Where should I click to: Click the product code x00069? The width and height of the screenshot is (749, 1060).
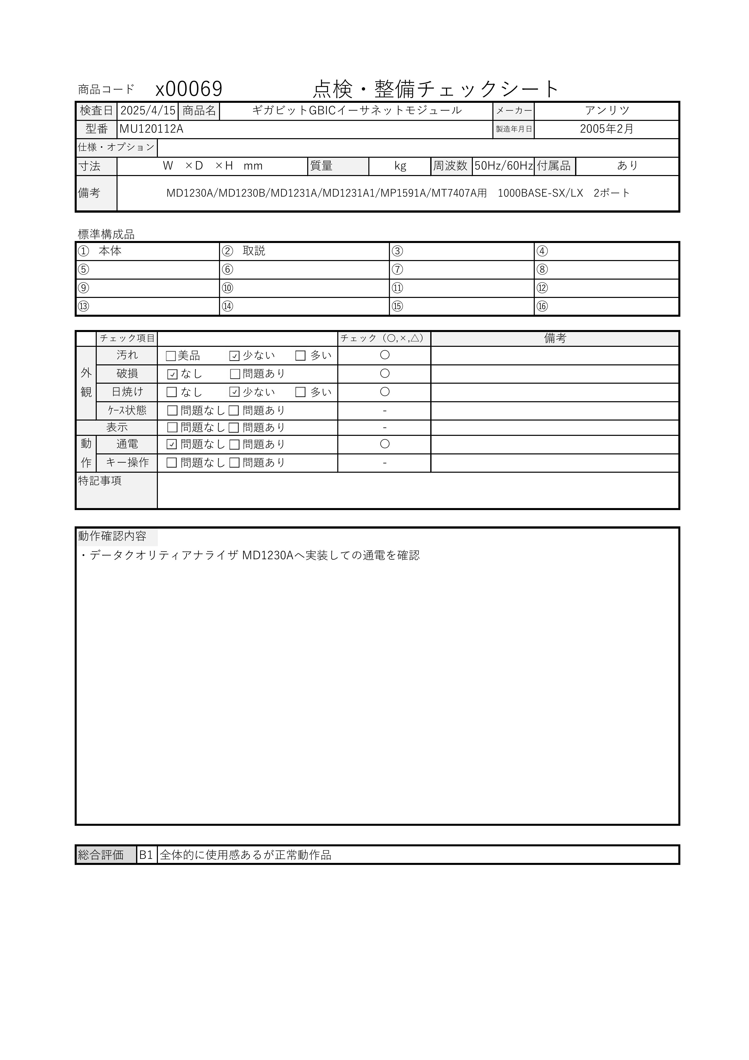click(x=189, y=89)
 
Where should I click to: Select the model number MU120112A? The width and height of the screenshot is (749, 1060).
click(x=151, y=129)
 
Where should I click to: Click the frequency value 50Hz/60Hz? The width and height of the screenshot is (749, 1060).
click(x=504, y=166)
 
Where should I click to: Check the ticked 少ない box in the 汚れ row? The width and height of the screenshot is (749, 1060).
click(x=234, y=356)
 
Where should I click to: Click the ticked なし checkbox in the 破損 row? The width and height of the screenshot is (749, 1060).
click(x=172, y=374)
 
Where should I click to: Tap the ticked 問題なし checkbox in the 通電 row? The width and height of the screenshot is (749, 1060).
click(x=172, y=445)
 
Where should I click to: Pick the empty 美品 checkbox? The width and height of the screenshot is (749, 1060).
click(x=171, y=356)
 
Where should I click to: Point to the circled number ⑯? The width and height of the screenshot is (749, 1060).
click(x=542, y=306)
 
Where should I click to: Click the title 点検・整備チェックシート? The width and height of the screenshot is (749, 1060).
click(x=436, y=89)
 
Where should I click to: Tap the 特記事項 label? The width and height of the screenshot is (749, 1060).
click(x=100, y=481)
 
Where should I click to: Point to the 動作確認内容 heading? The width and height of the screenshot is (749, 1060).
click(x=112, y=536)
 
